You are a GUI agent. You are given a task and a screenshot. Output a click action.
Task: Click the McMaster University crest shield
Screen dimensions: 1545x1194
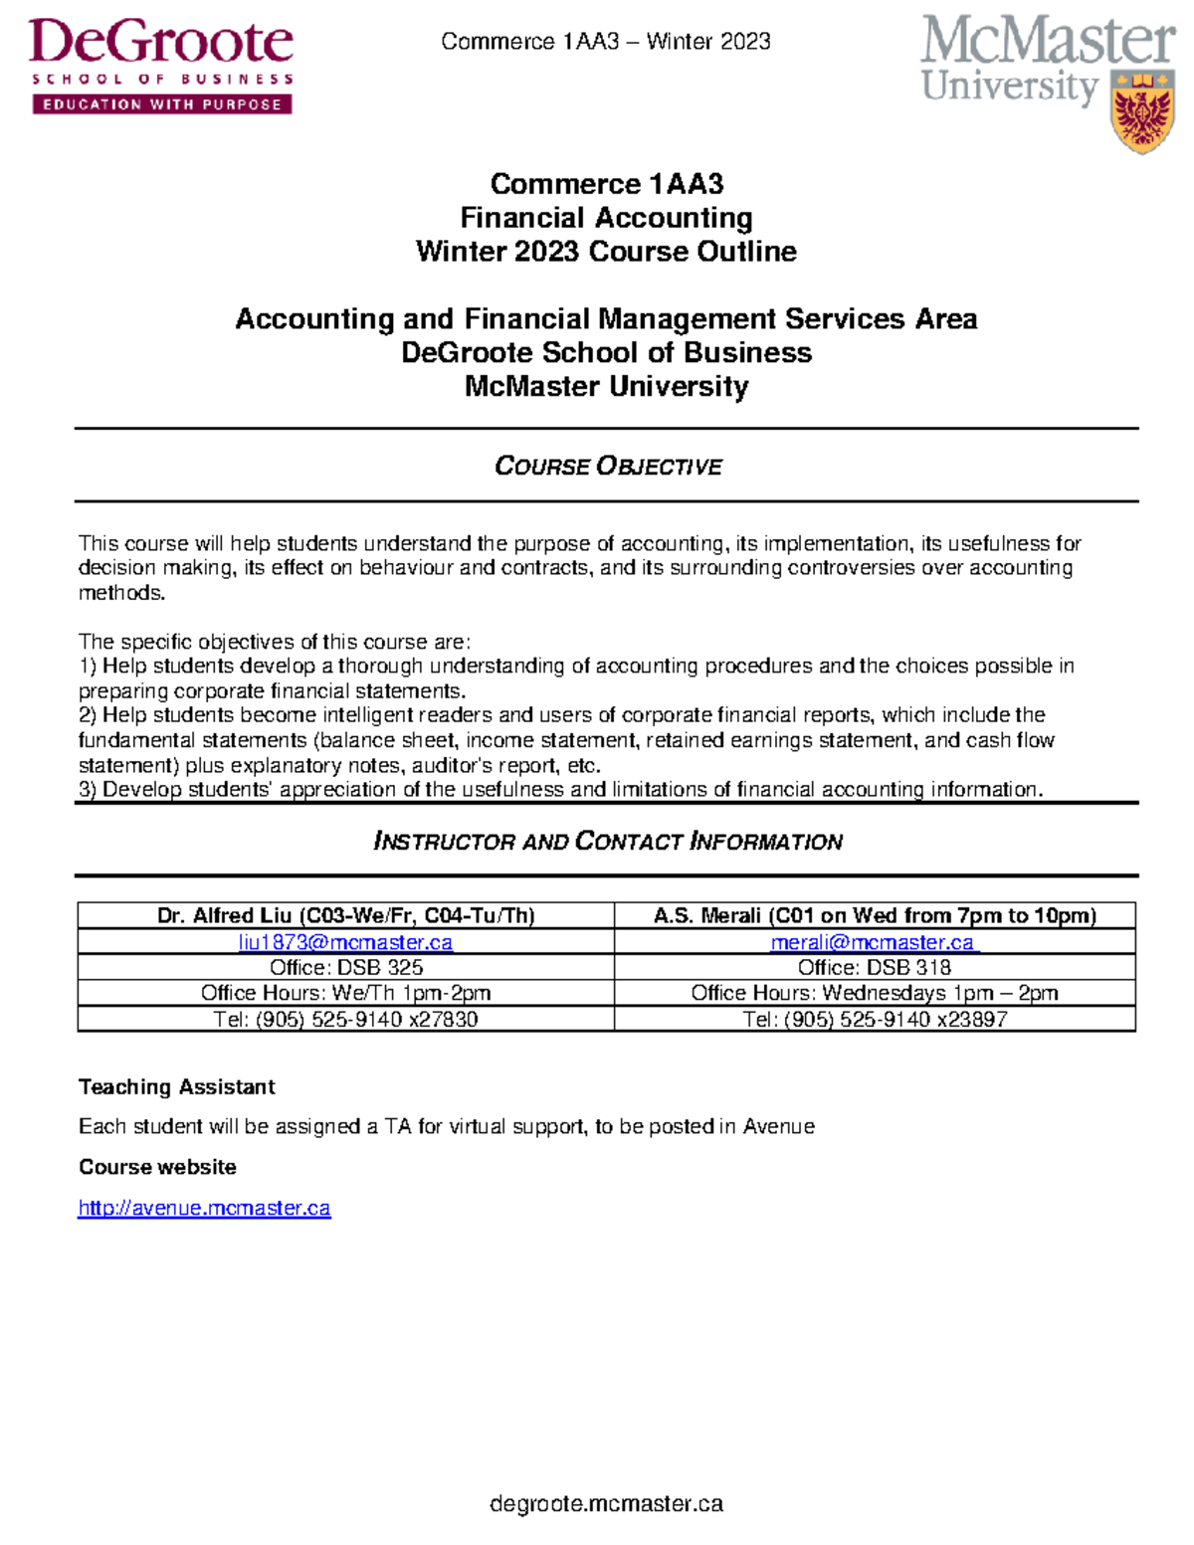(x=1141, y=111)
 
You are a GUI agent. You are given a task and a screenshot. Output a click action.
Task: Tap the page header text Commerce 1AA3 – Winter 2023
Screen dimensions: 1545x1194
(x=605, y=41)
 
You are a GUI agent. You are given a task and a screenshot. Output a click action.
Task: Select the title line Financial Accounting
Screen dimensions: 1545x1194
(x=606, y=218)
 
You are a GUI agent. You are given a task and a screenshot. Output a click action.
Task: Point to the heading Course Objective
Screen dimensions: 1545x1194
(x=608, y=466)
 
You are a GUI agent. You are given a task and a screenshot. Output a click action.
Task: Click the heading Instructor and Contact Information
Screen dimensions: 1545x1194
(x=607, y=842)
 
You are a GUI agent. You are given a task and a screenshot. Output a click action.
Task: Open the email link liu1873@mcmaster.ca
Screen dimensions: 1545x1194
(x=345, y=942)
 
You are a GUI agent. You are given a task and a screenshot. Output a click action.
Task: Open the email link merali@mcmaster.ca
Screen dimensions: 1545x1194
(x=874, y=942)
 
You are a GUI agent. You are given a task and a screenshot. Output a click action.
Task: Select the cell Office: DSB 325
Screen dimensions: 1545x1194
(x=345, y=967)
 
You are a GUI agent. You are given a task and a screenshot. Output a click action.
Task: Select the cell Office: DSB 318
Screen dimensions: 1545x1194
(x=874, y=967)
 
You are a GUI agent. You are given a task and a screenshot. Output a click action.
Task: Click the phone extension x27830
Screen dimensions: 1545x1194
(x=443, y=1020)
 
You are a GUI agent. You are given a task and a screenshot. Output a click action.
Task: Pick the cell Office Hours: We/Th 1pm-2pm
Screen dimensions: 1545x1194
(x=345, y=993)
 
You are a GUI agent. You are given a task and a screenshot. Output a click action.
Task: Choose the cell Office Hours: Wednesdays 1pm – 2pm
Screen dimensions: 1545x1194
(x=874, y=993)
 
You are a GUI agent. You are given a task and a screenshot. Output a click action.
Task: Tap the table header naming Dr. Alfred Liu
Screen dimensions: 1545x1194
(x=345, y=915)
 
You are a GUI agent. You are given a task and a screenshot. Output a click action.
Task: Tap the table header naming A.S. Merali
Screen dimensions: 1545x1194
(x=874, y=915)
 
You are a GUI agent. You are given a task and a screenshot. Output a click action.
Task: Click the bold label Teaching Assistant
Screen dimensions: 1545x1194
(x=176, y=1086)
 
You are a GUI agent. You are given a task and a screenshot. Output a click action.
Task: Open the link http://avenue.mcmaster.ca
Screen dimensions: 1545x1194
(x=204, y=1208)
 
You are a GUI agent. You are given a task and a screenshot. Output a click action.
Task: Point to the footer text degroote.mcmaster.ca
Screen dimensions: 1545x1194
(x=606, y=1503)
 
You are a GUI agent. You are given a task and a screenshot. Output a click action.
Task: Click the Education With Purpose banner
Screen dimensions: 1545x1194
(x=161, y=104)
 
